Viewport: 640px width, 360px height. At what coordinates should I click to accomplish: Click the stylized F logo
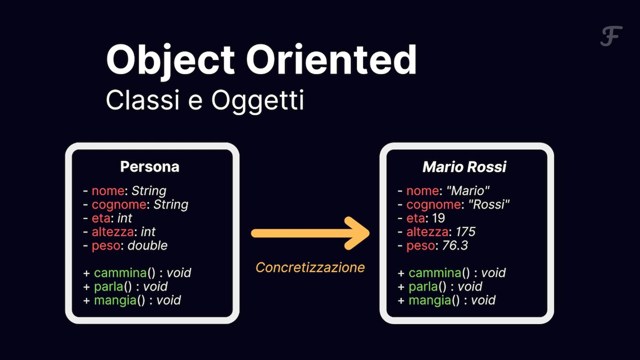[x=611, y=36]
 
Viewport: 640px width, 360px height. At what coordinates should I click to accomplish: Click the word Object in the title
[x=171, y=61]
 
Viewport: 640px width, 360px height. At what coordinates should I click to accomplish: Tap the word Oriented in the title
[x=331, y=59]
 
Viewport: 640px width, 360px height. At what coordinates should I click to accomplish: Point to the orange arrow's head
[x=357, y=233]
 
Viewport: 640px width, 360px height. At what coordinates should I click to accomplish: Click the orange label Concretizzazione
[x=310, y=268]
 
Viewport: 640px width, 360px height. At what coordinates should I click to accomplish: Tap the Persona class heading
[x=150, y=166]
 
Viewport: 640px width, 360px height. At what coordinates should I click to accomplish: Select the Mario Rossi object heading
[x=465, y=167]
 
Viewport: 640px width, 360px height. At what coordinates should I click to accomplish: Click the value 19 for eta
[x=438, y=218]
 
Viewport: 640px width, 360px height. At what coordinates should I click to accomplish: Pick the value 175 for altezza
[x=466, y=231]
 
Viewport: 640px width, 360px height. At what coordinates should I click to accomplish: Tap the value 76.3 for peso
[x=455, y=245]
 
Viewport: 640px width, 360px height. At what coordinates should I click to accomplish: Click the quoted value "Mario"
[x=468, y=191]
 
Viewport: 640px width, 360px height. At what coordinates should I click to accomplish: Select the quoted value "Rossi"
[x=489, y=205]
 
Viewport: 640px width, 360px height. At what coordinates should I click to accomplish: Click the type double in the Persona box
[x=147, y=246]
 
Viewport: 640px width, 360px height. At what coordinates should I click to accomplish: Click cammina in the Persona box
[x=121, y=273]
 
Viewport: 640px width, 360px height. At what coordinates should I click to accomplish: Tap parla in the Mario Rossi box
[x=423, y=287]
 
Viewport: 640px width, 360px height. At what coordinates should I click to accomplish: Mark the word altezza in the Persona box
[x=113, y=232]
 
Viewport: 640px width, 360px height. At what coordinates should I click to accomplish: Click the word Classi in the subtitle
[x=142, y=100]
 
